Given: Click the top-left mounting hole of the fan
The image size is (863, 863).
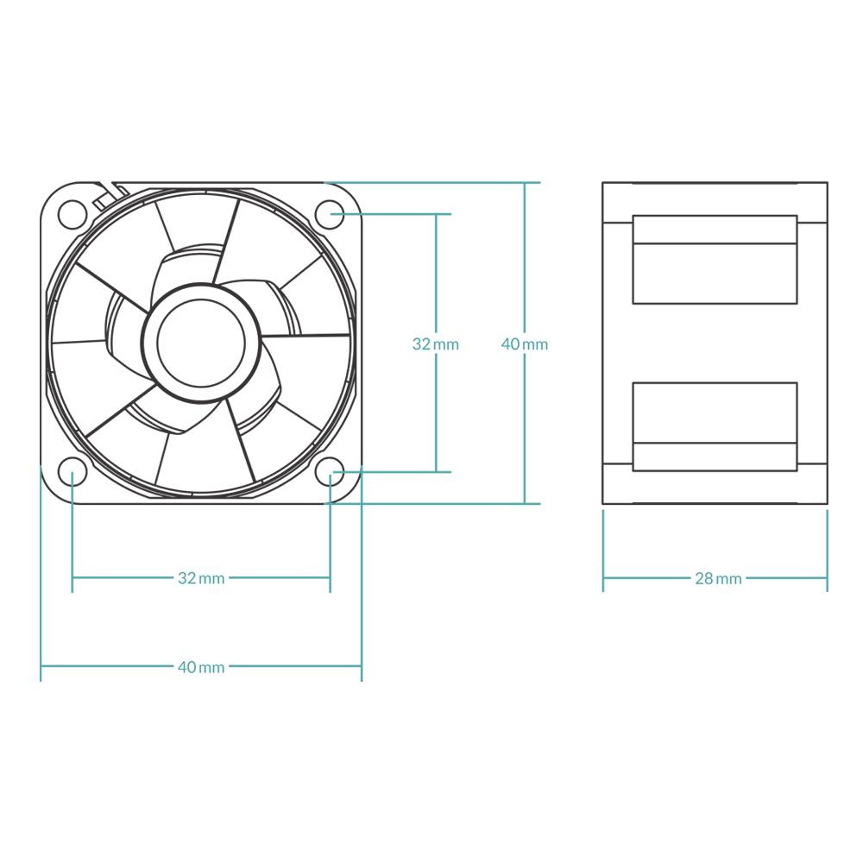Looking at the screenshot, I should [72, 213].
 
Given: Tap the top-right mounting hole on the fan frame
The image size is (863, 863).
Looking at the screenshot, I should [330, 213].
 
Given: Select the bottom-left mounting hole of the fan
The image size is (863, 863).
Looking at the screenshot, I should [72, 471].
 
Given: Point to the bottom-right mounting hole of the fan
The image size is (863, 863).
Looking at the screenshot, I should [330, 471].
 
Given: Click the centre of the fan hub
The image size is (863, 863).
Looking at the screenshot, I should [201, 343].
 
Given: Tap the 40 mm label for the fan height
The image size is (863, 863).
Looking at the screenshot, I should [525, 343].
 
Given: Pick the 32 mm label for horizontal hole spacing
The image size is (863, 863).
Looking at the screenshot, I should [201, 578].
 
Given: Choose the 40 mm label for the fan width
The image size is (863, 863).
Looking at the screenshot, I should [201, 667].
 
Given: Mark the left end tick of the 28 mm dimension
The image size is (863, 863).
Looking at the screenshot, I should [602, 578].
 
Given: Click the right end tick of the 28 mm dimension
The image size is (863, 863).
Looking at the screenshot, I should [828, 578].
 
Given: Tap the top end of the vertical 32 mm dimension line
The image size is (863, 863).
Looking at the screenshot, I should [436, 213].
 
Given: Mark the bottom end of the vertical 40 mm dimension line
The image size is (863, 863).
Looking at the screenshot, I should [525, 503].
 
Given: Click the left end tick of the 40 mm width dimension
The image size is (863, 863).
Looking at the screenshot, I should [41, 666].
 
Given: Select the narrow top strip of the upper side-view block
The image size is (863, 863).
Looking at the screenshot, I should [715, 230].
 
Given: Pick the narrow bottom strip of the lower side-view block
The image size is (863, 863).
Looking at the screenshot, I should [715, 457].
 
